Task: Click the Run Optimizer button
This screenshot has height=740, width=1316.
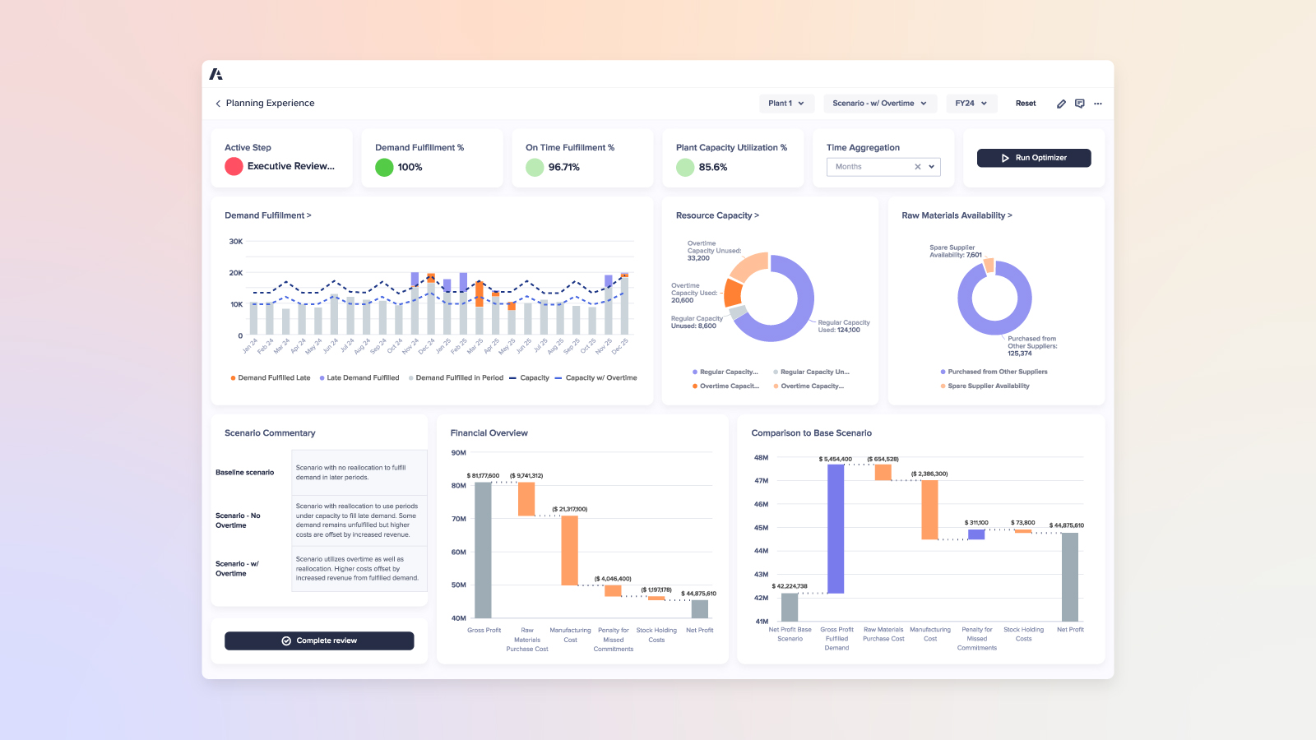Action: pyautogui.click(x=1034, y=158)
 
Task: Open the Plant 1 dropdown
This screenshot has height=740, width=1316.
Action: pyautogui.click(x=786, y=104)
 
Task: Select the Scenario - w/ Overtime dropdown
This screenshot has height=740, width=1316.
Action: pyautogui.click(x=878, y=104)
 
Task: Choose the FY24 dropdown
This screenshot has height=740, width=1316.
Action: pyautogui.click(x=971, y=104)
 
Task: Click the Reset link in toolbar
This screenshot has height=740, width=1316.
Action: pyautogui.click(x=1026, y=104)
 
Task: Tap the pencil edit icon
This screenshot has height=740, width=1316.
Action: pyautogui.click(x=1061, y=104)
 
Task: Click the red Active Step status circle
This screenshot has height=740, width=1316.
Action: pyautogui.click(x=234, y=166)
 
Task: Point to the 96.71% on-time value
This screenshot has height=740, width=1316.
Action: pyautogui.click(x=564, y=167)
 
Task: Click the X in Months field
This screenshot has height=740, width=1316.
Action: pyautogui.click(x=918, y=167)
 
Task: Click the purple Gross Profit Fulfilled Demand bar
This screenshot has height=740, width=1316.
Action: pyautogui.click(x=836, y=529)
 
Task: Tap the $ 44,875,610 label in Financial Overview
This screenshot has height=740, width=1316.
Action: pyautogui.click(x=698, y=594)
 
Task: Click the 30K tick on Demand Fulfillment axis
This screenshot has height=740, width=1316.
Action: pyautogui.click(x=236, y=242)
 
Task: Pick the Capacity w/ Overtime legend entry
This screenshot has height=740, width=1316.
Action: pyautogui.click(x=600, y=378)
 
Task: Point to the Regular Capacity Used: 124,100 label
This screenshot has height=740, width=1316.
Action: pyautogui.click(x=843, y=326)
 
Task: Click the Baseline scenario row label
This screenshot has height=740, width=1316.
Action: pyautogui.click(x=245, y=473)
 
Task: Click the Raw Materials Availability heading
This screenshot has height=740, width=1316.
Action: pyautogui.click(x=957, y=215)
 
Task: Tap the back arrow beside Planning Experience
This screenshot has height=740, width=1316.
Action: pyautogui.click(x=218, y=104)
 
